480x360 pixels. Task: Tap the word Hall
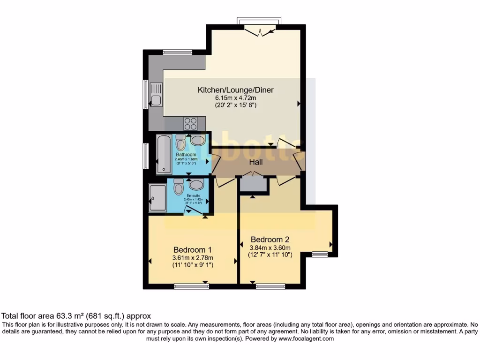pyautogui.click(x=255, y=162)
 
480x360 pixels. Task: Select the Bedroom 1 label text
pyautogui.click(x=193, y=249)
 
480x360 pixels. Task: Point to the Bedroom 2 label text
pyautogui.click(x=270, y=239)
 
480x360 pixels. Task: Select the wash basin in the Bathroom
pyautogui.click(x=197, y=141)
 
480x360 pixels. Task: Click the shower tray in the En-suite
pyautogui.click(x=157, y=198)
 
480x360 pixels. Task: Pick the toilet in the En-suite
pyautogui.click(x=179, y=187)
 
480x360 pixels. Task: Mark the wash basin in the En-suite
pyautogui.click(x=196, y=184)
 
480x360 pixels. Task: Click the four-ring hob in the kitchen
pyautogui.click(x=190, y=123)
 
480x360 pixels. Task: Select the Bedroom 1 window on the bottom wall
pyautogui.click(x=191, y=286)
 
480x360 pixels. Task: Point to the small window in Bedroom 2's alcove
pyautogui.click(x=320, y=255)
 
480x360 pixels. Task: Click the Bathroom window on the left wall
pyautogui.click(x=146, y=156)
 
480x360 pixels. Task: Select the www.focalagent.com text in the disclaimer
pyautogui.click(x=306, y=338)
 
